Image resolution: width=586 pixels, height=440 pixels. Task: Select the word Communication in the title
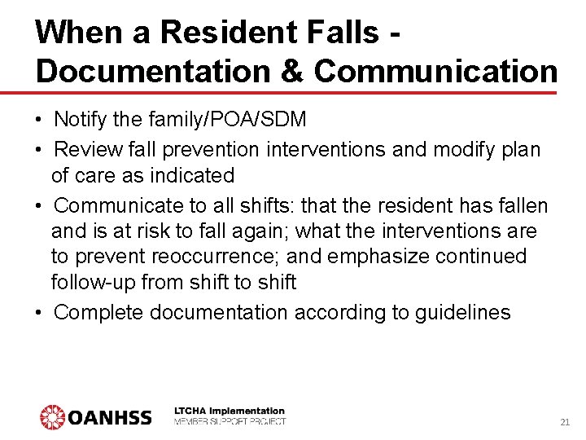[435, 71]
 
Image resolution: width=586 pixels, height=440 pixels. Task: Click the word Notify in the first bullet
[78, 120]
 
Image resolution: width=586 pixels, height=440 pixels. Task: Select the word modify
[454, 149]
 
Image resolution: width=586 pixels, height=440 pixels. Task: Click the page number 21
[565, 422]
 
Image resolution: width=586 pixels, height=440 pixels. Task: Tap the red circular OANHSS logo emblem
[53, 417]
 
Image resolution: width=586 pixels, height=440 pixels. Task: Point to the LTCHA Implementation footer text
[230, 411]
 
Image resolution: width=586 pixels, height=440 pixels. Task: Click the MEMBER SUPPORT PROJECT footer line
[230, 421]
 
